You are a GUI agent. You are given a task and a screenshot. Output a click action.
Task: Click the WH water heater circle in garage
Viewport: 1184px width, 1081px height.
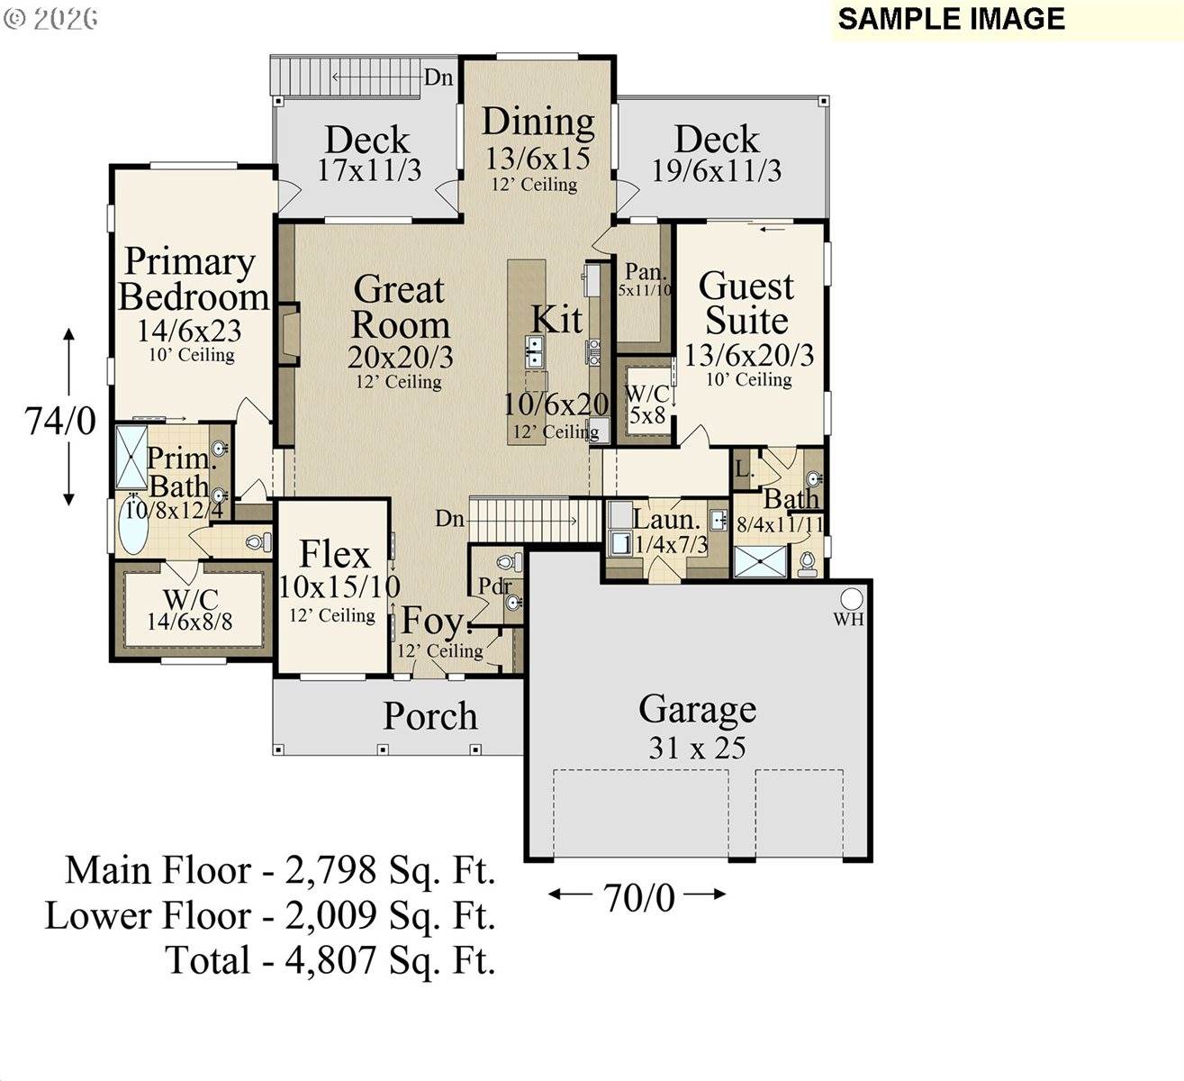click(851, 599)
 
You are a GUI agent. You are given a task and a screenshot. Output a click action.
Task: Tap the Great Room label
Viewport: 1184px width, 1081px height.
click(400, 307)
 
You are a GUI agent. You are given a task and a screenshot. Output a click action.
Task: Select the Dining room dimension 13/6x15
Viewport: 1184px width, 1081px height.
click(538, 158)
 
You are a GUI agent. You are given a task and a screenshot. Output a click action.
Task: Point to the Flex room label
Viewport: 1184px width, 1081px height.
click(334, 554)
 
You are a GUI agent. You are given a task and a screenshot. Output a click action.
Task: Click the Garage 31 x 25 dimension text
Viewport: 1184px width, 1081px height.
click(697, 748)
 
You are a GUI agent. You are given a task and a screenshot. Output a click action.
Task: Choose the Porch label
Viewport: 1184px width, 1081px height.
click(430, 716)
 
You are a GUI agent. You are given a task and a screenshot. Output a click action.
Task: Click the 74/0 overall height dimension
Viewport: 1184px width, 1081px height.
click(60, 420)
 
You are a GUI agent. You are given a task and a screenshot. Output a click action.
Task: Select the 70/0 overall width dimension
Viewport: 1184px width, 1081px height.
click(638, 897)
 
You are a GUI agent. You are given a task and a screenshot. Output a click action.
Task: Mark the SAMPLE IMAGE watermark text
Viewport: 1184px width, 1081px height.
click(951, 19)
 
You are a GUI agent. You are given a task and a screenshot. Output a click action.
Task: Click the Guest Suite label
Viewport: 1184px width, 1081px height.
click(746, 303)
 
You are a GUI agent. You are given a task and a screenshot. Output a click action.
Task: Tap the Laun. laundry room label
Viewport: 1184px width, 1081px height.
click(666, 520)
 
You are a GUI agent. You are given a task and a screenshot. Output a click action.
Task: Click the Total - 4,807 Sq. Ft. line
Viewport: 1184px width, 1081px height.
click(330, 960)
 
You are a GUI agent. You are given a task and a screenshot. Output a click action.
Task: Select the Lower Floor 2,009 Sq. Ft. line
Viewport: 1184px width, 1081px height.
click(271, 916)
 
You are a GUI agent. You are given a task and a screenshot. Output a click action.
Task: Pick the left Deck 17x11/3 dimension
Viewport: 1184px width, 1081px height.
click(369, 170)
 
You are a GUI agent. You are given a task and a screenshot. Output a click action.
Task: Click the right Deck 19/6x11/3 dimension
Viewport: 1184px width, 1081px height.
click(717, 170)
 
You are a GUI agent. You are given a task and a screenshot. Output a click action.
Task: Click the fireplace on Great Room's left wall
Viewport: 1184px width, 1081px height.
click(287, 334)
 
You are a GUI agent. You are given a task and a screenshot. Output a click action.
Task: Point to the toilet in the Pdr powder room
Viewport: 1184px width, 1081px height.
click(509, 562)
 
